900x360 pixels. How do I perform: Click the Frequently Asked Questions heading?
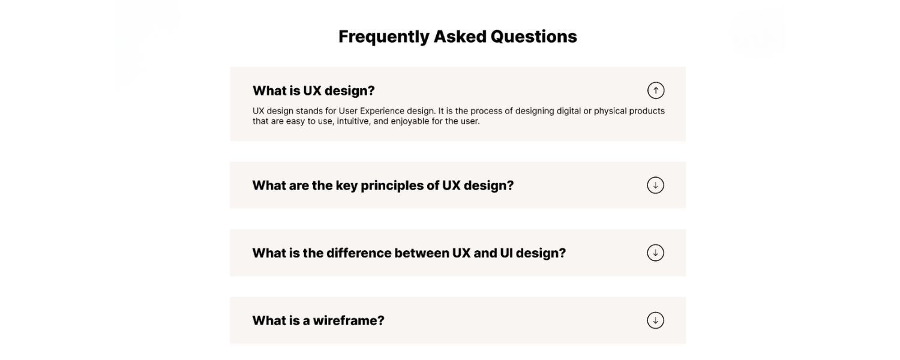click(457, 37)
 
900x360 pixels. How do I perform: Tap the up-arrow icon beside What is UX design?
click(656, 91)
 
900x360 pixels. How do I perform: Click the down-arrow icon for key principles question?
click(655, 185)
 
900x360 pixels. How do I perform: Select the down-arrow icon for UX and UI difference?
click(655, 253)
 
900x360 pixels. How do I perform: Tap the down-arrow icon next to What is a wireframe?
click(655, 320)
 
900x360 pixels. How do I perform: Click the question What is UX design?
click(313, 91)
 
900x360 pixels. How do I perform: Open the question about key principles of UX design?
click(383, 185)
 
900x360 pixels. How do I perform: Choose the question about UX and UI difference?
click(409, 253)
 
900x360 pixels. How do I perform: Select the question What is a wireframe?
click(318, 320)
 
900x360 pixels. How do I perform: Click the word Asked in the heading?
click(460, 37)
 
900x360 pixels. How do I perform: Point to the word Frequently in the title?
click(383, 37)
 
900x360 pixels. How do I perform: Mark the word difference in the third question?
click(358, 253)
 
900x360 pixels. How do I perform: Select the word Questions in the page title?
click(533, 37)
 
